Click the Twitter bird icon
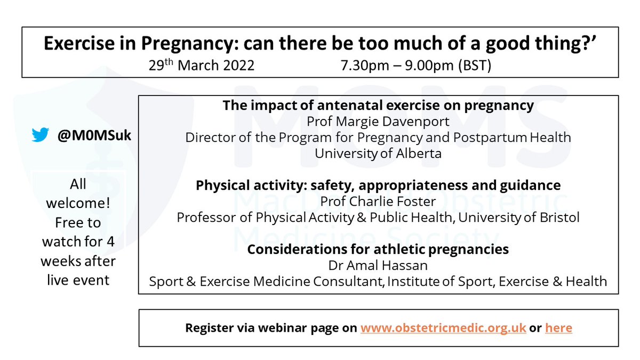[41, 135]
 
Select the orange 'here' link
[558, 327]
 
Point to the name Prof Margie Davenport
[378, 122]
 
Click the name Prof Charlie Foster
[378, 201]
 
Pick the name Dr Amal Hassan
[378, 265]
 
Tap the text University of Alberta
[378, 154]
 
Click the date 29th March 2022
[202, 66]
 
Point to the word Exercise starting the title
[79, 45]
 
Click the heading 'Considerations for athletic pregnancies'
[378, 249]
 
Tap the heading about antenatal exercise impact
[378, 106]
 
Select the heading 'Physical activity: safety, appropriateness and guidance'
[378, 185]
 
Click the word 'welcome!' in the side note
[78, 204]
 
